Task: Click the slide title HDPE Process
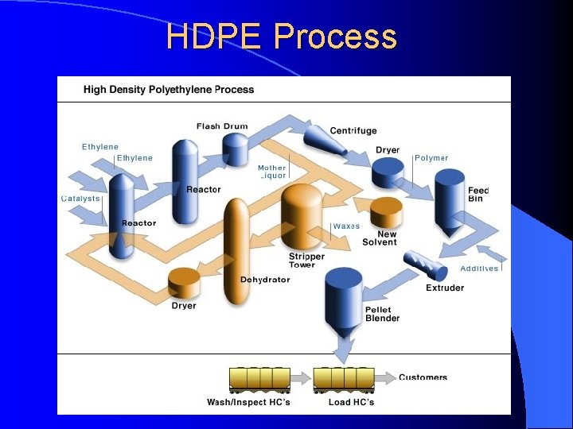[281, 37]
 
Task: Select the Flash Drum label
[222, 126]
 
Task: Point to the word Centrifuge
[353, 130]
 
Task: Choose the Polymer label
[431, 158]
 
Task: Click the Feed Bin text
[478, 194]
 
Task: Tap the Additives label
[479, 269]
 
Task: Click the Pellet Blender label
[382, 314]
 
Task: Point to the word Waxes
[346, 226]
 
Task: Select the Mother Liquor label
[272, 172]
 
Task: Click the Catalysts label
[81, 198]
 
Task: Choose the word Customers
[423, 377]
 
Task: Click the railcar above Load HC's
[344, 379]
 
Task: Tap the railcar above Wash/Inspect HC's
[259, 379]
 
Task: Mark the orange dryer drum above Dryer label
[185, 282]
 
